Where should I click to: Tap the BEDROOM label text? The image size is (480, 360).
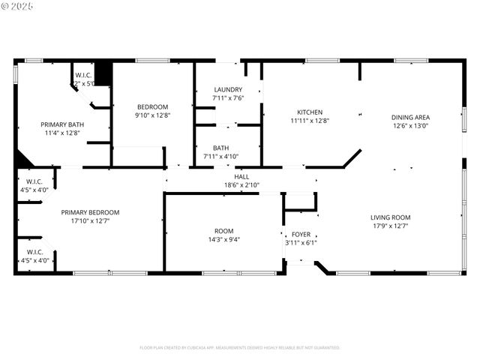pyautogui.click(x=152, y=106)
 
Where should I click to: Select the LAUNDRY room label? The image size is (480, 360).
pyautogui.click(x=228, y=89)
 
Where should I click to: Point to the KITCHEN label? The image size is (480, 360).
pyautogui.click(x=310, y=112)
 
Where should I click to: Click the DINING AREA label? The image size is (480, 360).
pyautogui.click(x=410, y=117)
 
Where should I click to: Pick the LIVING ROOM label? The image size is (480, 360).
pyautogui.click(x=390, y=217)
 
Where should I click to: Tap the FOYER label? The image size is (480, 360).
pyautogui.click(x=301, y=234)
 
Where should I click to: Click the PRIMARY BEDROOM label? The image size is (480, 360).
pyautogui.click(x=90, y=212)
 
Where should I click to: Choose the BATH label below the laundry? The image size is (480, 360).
pyautogui.click(x=220, y=148)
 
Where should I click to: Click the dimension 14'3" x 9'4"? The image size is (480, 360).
pyautogui.click(x=223, y=239)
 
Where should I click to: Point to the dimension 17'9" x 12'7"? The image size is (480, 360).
pyautogui.click(x=390, y=226)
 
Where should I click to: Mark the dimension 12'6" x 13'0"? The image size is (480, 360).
pyautogui.click(x=410, y=126)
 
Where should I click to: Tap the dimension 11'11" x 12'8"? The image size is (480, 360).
pyautogui.click(x=310, y=120)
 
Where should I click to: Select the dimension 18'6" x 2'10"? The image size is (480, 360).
pyautogui.click(x=241, y=184)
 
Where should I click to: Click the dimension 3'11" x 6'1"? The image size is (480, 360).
pyautogui.click(x=301, y=242)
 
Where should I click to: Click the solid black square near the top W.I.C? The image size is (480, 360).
pyautogui.click(x=103, y=73)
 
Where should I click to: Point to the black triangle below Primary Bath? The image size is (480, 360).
pyautogui.click(x=22, y=160)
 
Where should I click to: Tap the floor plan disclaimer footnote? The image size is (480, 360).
pyautogui.click(x=239, y=347)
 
